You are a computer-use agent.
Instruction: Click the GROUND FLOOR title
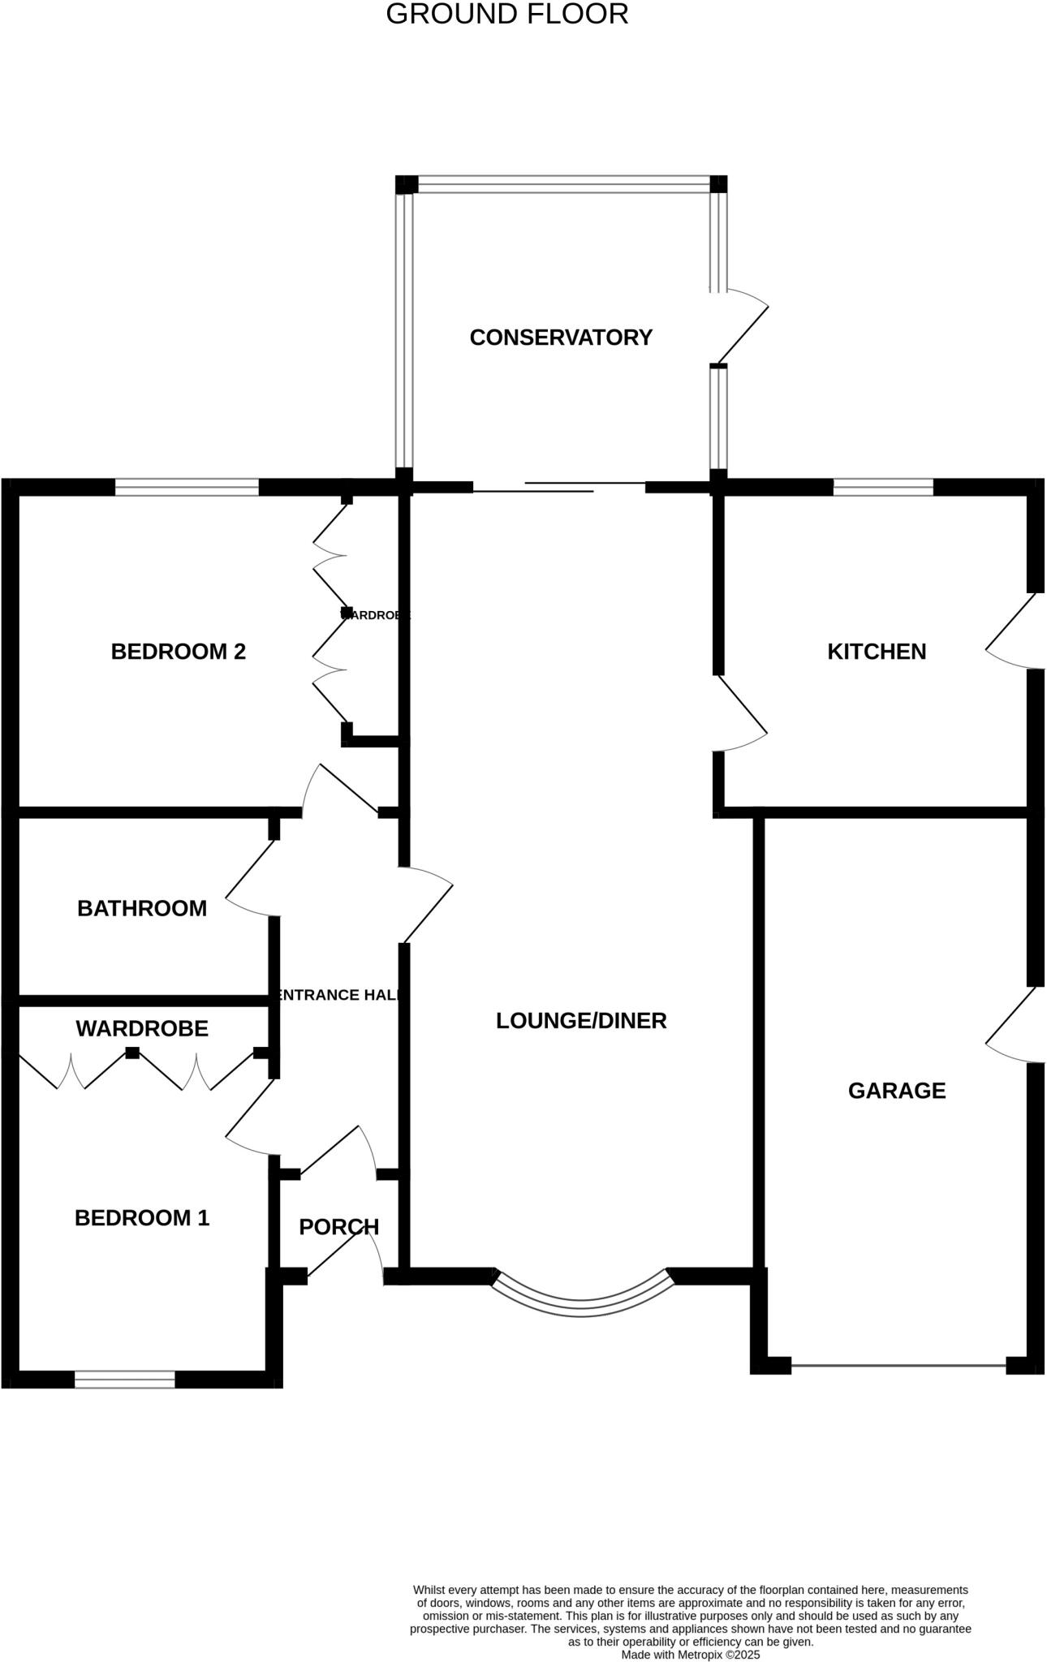pyautogui.click(x=506, y=15)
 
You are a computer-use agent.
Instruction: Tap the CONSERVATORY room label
pyautogui.click(x=561, y=338)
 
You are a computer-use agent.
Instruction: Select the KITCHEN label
pyautogui.click(x=877, y=652)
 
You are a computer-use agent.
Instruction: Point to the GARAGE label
pyautogui.click(x=897, y=1091)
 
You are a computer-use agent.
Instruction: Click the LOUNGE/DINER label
pyautogui.click(x=581, y=1021)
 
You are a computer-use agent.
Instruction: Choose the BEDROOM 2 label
pyautogui.click(x=179, y=652)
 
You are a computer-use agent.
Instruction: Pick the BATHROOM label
pyautogui.click(x=142, y=909)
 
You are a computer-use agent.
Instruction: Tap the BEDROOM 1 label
pyautogui.click(x=142, y=1218)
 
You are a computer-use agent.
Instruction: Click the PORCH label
pyautogui.click(x=338, y=1227)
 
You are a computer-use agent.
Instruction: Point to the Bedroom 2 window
pyautogui.click(x=187, y=488)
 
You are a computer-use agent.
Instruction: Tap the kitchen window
pyautogui.click(x=883, y=488)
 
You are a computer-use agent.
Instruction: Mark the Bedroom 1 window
pyautogui.click(x=125, y=1379)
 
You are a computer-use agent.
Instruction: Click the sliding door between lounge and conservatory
pyautogui.click(x=558, y=488)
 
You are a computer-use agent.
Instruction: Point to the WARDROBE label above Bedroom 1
pyautogui.click(x=142, y=1029)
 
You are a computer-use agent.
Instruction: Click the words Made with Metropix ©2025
pyautogui.click(x=691, y=1654)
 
